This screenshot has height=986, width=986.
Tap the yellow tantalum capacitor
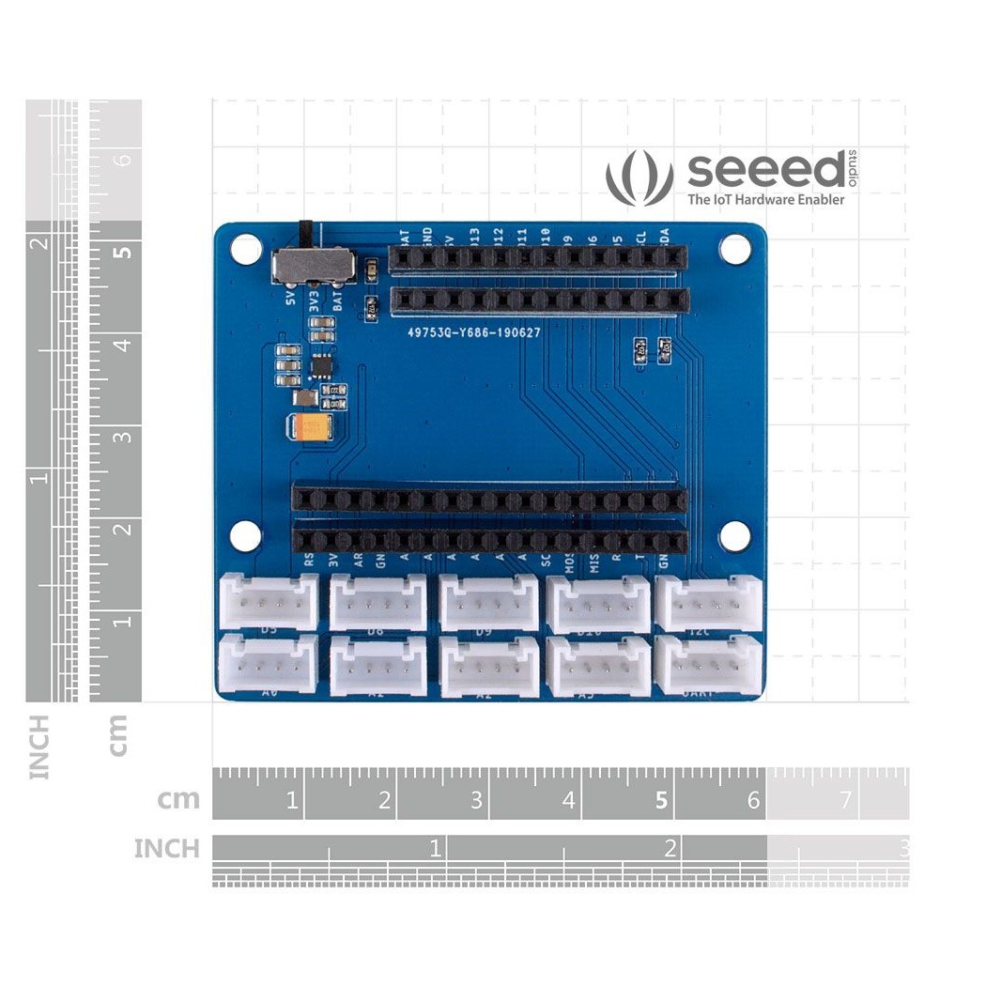(312, 429)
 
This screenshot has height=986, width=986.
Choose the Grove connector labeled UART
(708, 665)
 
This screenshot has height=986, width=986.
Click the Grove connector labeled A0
(269, 665)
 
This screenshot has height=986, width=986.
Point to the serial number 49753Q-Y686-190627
(473, 332)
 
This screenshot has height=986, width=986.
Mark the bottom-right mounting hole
(735, 536)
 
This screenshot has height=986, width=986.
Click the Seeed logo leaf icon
(639, 177)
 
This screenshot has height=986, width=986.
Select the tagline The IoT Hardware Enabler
(765, 199)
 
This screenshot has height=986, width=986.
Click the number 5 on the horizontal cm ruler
(661, 801)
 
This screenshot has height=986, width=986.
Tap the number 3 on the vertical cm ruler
(123, 436)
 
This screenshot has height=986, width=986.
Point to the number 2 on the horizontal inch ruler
(670, 849)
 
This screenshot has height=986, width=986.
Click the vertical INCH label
(39, 747)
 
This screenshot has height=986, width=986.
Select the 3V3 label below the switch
(314, 301)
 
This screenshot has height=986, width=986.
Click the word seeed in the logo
(765, 170)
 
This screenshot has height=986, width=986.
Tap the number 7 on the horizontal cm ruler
(845, 801)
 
